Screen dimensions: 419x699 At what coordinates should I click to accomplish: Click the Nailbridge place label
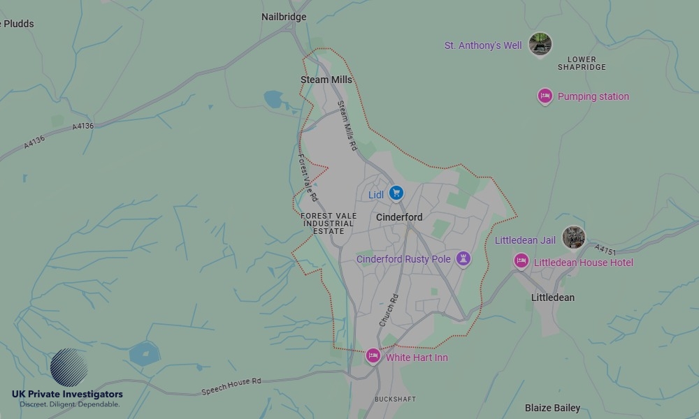(x=284, y=17)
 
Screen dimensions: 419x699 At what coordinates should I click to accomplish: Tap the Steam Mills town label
(x=326, y=80)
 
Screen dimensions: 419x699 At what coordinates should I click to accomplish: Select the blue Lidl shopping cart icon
(x=396, y=193)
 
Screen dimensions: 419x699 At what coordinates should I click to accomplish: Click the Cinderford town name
(x=399, y=217)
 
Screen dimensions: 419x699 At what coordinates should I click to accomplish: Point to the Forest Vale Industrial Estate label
(x=328, y=223)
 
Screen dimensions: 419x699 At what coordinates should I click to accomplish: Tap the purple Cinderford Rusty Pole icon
(x=462, y=259)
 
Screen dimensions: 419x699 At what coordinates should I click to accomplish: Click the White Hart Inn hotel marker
(x=373, y=356)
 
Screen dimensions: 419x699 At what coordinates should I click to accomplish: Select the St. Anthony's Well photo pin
(x=540, y=44)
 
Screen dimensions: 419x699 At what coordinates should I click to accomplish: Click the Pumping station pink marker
(x=545, y=96)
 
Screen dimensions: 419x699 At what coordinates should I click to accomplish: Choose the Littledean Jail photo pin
(x=573, y=237)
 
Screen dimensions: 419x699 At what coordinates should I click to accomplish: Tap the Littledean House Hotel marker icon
(x=521, y=261)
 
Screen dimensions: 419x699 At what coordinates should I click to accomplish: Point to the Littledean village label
(x=553, y=297)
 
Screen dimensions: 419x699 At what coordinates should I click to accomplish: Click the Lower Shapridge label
(x=582, y=64)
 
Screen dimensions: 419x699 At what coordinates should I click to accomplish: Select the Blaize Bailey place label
(x=552, y=408)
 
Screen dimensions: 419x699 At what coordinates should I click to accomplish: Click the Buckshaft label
(x=395, y=399)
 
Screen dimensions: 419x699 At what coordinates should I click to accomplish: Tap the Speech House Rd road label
(x=231, y=386)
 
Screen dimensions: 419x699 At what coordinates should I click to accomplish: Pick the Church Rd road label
(x=388, y=311)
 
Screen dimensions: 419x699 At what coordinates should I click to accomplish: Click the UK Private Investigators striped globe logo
(x=69, y=368)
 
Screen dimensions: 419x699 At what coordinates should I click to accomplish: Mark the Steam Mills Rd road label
(x=347, y=126)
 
